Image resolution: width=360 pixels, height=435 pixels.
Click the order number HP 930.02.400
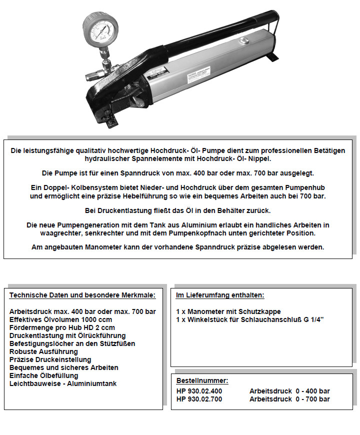(199, 391)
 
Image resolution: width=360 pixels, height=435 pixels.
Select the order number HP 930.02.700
(199, 399)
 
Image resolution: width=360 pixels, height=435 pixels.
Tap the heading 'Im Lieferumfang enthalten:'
(220, 295)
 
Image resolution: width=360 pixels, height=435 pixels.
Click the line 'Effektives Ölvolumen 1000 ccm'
(60, 319)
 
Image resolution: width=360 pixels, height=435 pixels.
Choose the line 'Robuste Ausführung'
(41, 351)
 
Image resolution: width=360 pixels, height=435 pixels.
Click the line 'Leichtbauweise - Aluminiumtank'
(63, 383)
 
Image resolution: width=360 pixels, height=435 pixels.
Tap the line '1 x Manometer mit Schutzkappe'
(228, 311)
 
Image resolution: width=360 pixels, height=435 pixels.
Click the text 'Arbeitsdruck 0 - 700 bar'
(289, 399)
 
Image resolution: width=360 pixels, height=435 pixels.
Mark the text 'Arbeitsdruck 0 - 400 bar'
(289, 391)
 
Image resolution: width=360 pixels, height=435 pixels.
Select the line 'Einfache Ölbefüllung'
(44, 375)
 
